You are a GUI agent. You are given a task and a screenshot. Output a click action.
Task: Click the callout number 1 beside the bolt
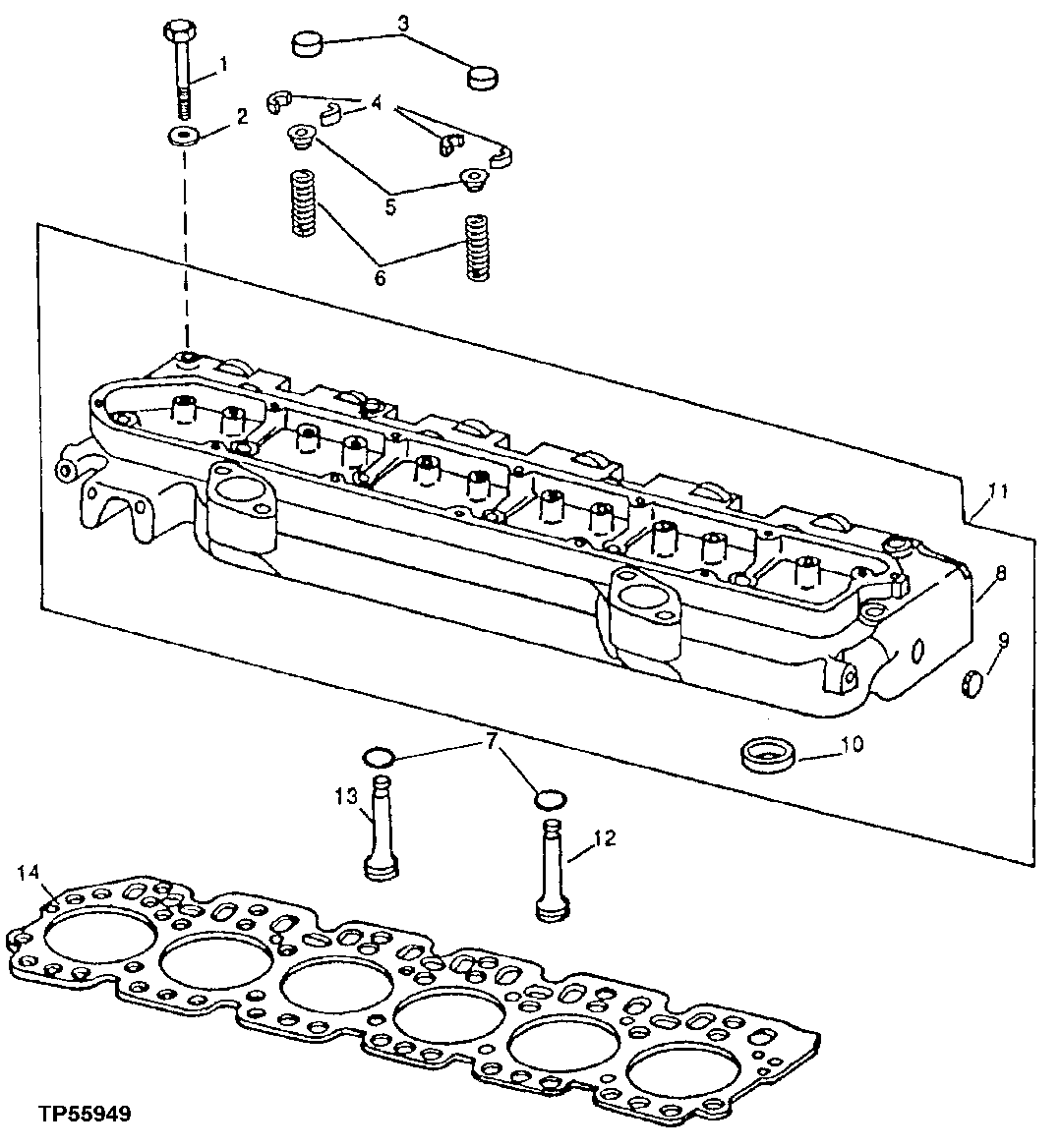[x=223, y=65]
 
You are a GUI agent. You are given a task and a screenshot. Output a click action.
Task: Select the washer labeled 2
[x=183, y=135]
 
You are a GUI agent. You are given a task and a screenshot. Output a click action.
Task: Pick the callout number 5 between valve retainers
[x=390, y=207]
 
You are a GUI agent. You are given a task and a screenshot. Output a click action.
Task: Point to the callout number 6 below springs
[x=380, y=278]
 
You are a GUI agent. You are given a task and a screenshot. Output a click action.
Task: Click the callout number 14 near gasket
[x=29, y=872]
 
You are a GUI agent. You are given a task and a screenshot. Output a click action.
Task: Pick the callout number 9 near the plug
[x=1003, y=640]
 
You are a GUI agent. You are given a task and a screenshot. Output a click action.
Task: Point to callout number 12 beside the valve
[x=605, y=838]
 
